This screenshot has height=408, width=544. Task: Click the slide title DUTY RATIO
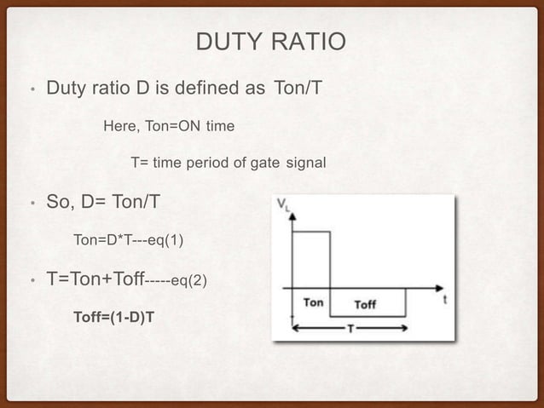coord(271,41)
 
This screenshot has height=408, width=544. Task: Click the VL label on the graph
coord(282,205)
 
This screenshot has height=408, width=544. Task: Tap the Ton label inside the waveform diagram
coord(314,303)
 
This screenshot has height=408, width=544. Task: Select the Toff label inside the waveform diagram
coord(364,304)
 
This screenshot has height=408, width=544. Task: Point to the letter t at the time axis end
coord(447,299)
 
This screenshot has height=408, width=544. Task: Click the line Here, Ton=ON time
coord(168,126)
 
